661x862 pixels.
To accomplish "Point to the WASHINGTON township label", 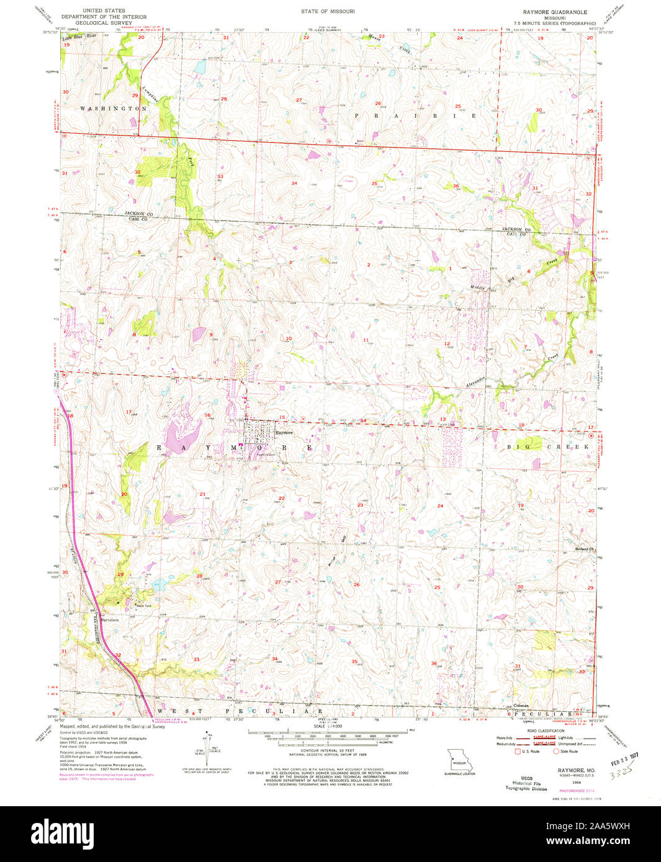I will click(113, 108).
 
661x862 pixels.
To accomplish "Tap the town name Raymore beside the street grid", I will click(284, 433).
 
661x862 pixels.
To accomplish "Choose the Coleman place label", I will click(521, 706).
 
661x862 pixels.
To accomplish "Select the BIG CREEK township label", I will click(540, 447).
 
